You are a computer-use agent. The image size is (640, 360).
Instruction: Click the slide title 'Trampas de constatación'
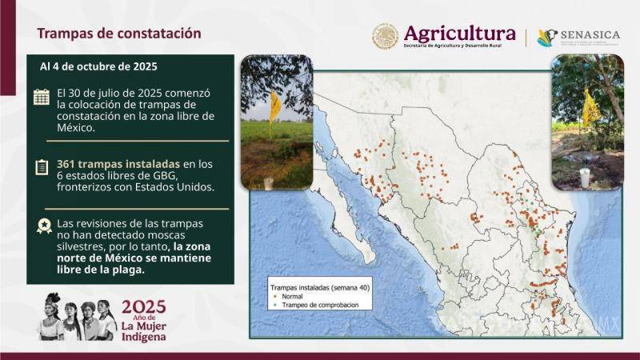click(119, 34)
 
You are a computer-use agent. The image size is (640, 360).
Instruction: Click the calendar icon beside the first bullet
click(42, 97)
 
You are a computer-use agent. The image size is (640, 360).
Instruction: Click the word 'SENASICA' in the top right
click(590, 36)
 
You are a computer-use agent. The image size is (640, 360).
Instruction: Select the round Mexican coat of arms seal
click(385, 36)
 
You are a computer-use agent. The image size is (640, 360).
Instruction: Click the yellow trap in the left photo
click(274, 108)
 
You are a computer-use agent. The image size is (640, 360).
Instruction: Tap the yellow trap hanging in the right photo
click(590, 108)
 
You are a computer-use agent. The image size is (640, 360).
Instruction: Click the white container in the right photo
click(585, 178)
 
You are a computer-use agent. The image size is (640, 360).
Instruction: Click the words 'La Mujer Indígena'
click(144, 331)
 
